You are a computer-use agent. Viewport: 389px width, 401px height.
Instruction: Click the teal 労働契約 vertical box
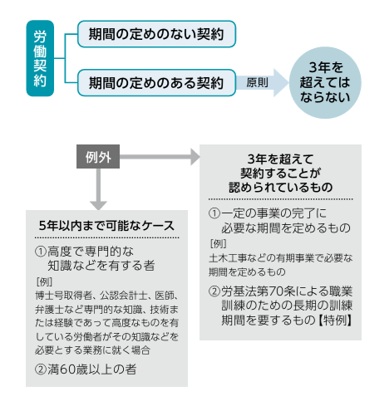pos(40,58)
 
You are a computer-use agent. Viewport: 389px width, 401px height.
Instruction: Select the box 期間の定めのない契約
pos(156,34)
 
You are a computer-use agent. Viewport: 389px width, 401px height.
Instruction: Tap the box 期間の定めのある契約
pos(156,83)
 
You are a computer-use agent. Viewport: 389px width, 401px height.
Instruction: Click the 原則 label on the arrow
pos(257,82)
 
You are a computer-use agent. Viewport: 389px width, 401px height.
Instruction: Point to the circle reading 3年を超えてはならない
pos(325,82)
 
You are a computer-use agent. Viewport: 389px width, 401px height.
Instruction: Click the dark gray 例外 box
pos(98,157)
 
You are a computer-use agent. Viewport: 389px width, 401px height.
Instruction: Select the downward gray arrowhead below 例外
pos(98,206)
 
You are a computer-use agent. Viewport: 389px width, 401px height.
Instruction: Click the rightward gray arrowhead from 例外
pos(195,157)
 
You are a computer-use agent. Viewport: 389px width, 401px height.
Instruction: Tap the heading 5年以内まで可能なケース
pos(106,226)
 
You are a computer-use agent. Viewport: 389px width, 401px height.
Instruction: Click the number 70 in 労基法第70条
pos(275,291)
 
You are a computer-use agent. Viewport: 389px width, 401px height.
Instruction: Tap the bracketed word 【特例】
pos(334,320)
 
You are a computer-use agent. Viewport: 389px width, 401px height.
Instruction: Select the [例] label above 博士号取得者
pos(44,282)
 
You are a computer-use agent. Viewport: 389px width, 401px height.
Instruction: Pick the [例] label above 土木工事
pos(219,244)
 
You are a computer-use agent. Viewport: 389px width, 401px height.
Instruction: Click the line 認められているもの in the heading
pos(281,187)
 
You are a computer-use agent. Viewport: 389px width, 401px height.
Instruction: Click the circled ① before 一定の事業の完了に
pos(214,213)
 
